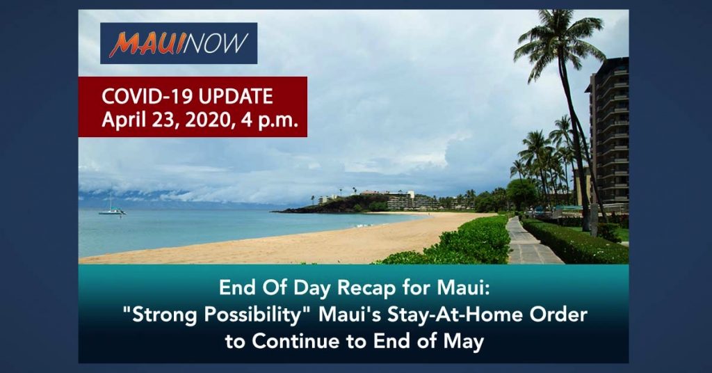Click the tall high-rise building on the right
[609, 132]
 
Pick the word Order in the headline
[560, 315]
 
